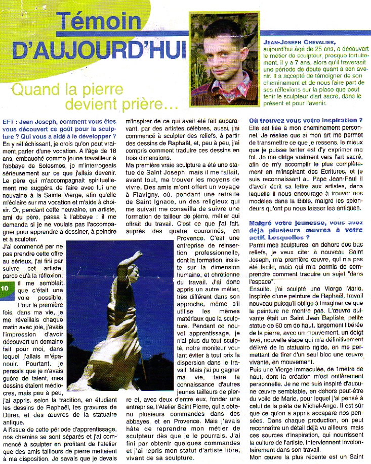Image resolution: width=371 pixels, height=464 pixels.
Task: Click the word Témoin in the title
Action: pyautogui.click(x=98, y=22)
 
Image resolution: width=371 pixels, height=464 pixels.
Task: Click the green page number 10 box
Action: pyautogui.click(x=5, y=288)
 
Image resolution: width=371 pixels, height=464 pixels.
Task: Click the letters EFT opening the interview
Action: pyautogui.click(x=8, y=122)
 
